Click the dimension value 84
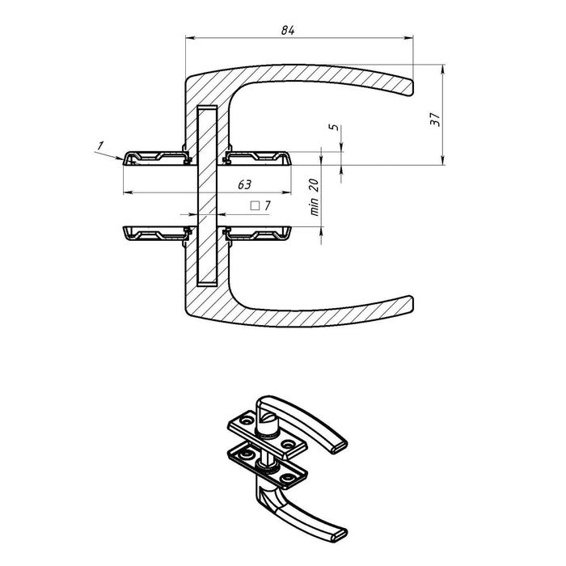pyautogui.click(x=288, y=31)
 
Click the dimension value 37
pyautogui.click(x=435, y=119)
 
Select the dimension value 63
pyautogui.click(x=244, y=184)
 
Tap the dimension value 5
pyautogui.click(x=334, y=127)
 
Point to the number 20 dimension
pyautogui.click(x=315, y=185)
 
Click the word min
pyautogui.click(x=315, y=207)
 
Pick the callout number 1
pyautogui.click(x=100, y=146)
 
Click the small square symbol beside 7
pyautogui.click(x=255, y=205)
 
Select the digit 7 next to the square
pyautogui.click(x=267, y=205)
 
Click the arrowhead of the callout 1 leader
pyautogui.click(x=120, y=158)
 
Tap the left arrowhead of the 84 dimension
pyautogui.click(x=190, y=37)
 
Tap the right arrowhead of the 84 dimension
pyautogui.click(x=408, y=37)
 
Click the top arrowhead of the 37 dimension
pyautogui.click(x=443, y=70)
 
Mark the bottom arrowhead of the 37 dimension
pyautogui.click(x=443, y=160)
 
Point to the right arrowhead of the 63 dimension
pyautogui.click(x=286, y=192)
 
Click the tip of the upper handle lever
pyautogui.click(x=412, y=87)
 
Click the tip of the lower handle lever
pyautogui.click(x=412, y=303)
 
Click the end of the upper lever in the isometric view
pyautogui.click(x=339, y=446)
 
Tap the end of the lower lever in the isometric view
pyautogui.click(x=339, y=534)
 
